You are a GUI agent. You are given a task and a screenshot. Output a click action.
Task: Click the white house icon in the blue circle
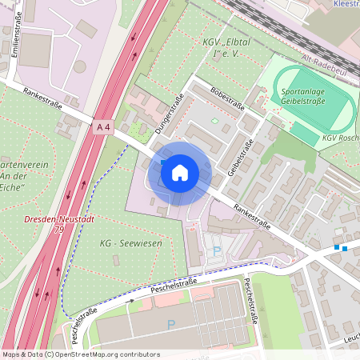[x=180, y=172]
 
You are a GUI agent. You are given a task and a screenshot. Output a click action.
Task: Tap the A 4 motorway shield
[x=102, y=127]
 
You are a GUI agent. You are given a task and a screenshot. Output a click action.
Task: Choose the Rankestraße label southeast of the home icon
[x=251, y=217]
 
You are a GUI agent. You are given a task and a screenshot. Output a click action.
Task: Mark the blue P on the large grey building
[x=170, y=324]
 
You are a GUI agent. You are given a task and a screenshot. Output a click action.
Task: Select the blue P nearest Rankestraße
[x=217, y=252]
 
